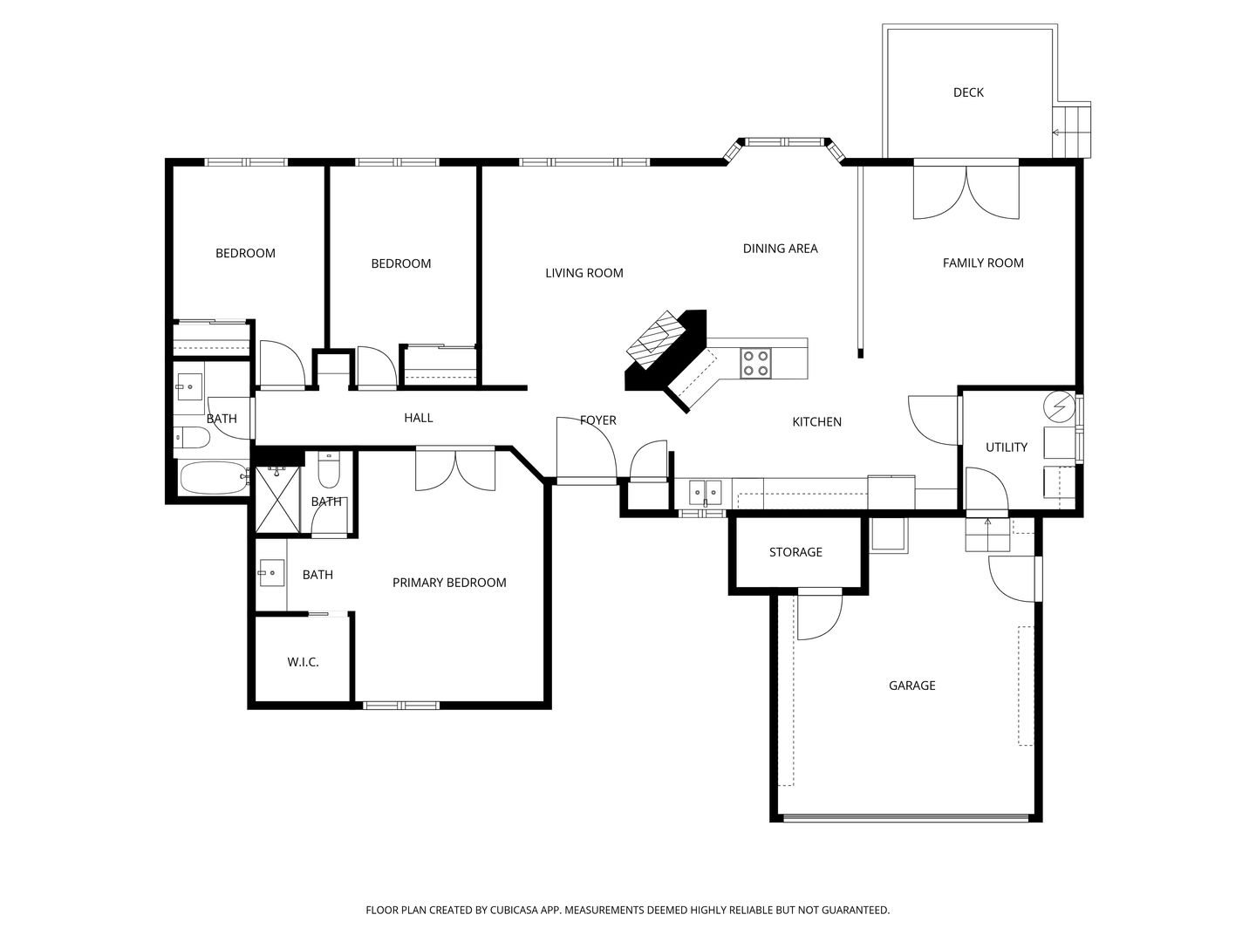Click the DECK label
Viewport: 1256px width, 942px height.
tap(968, 92)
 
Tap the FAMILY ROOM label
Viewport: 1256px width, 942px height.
tap(983, 263)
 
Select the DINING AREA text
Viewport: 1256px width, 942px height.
tap(780, 249)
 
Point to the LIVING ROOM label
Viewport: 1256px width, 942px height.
tap(584, 273)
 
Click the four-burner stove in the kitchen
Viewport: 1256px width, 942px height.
tap(755, 364)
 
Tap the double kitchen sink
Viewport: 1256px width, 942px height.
tap(706, 493)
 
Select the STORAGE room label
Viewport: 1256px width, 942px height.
tap(795, 552)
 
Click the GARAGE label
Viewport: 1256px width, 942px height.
tap(911, 686)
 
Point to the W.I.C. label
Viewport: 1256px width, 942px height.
tap(303, 662)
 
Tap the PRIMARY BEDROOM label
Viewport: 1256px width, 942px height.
tap(449, 583)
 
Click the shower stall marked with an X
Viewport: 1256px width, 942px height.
tap(277, 499)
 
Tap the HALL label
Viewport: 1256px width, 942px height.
tap(419, 418)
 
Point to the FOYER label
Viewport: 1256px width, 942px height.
tap(598, 420)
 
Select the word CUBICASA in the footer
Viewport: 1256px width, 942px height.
tap(514, 910)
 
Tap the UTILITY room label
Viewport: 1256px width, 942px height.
tap(1007, 447)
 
